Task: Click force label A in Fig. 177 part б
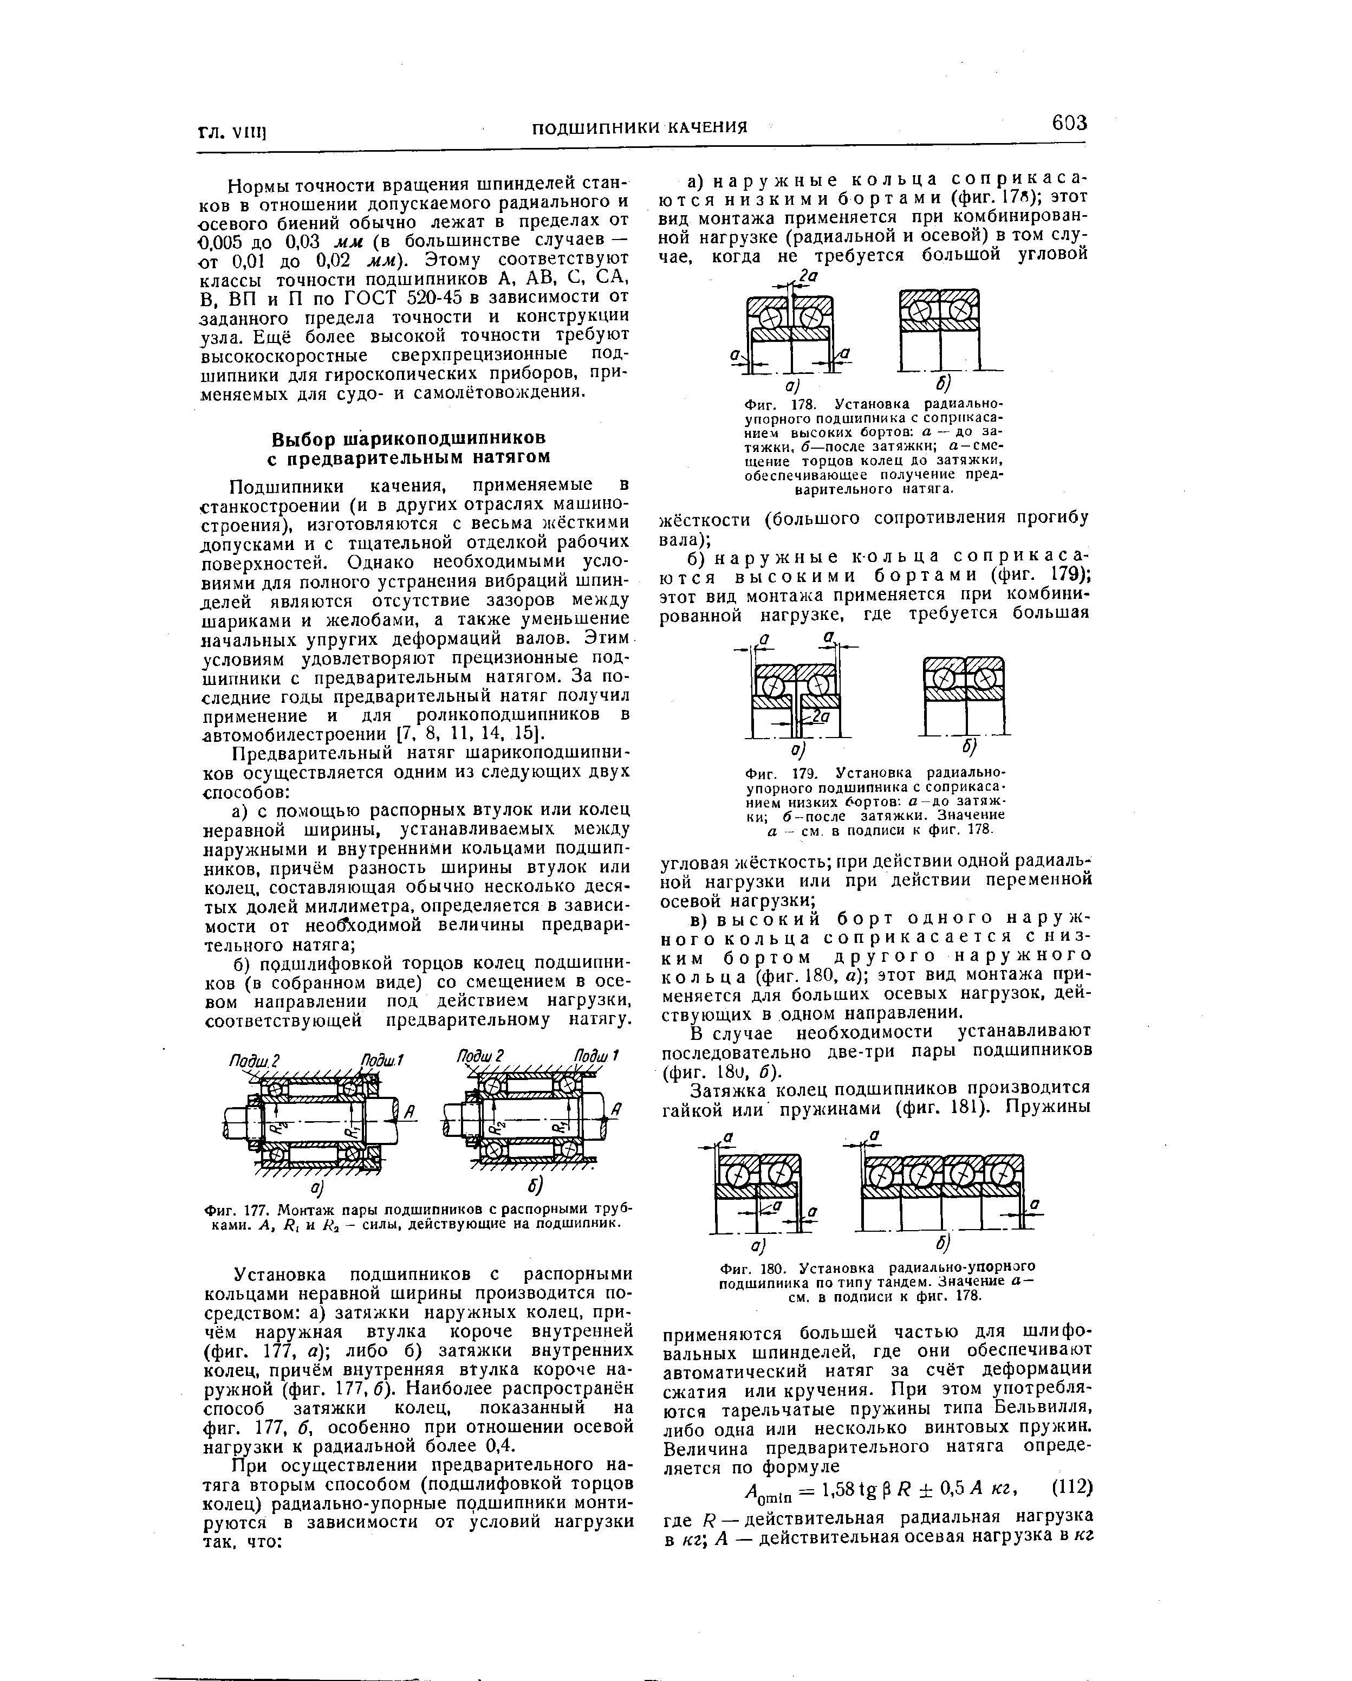(x=616, y=1109)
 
